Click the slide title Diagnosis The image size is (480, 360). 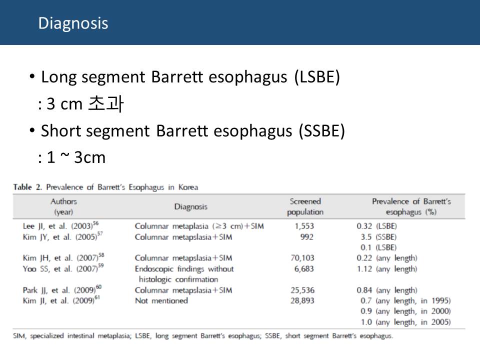coord(73,23)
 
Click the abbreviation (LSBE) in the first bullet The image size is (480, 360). coord(317,77)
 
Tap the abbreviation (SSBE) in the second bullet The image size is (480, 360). coord(322,131)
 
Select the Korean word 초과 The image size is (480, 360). coord(106,103)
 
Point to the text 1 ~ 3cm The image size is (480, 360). coord(76,157)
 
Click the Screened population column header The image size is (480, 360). coord(305,206)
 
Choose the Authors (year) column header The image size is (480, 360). coord(63,206)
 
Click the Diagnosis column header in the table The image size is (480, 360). coord(190,206)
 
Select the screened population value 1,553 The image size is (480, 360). coord(304,226)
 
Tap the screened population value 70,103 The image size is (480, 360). coord(302,258)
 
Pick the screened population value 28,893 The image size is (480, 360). coord(302,300)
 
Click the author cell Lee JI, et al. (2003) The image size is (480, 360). coord(60,225)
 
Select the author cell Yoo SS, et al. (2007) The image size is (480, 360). coord(63,268)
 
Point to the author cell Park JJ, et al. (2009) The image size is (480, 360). coord(62,289)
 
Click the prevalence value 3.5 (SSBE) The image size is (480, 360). coord(378,237)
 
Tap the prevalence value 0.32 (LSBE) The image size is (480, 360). coord(377,226)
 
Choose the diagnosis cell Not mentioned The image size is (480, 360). coord(161,300)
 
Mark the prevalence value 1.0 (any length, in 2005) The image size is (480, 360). coord(405,322)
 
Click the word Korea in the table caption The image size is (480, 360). coord(188,187)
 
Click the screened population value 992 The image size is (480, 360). coord(306,237)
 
